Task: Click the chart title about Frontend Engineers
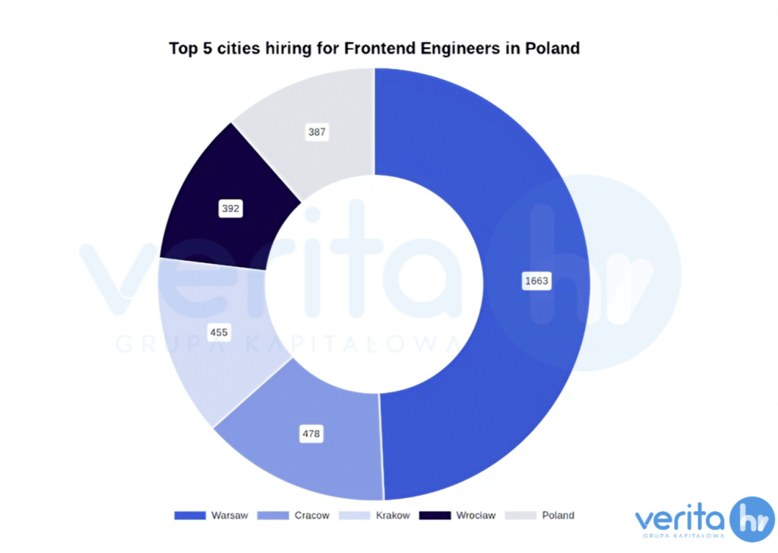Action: point(374,49)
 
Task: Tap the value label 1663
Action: point(536,281)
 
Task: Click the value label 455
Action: point(219,332)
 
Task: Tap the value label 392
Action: point(230,208)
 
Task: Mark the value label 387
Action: point(317,132)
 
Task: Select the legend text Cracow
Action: point(312,516)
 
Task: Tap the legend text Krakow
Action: point(393,516)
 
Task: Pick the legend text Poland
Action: point(558,516)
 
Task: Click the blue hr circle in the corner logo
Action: point(751,520)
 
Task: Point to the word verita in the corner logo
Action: point(679,520)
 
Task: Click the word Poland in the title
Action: point(552,49)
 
